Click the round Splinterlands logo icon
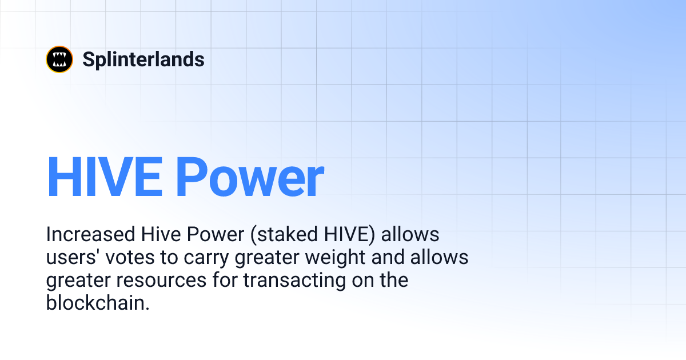[x=59, y=59]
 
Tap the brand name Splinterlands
[x=143, y=59]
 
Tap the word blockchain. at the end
[x=98, y=303]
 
